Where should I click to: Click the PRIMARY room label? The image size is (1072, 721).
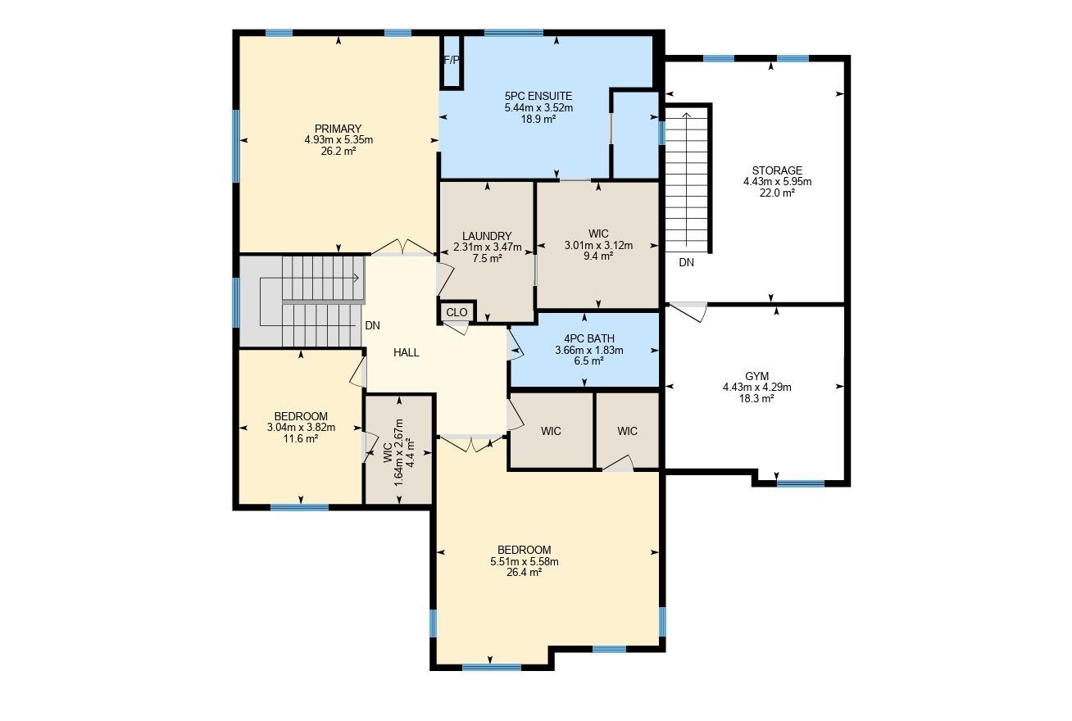pos(338,129)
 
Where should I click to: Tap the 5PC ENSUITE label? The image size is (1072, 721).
pos(538,96)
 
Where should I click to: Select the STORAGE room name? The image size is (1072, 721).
pos(777,170)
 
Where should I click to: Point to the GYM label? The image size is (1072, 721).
pos(757,376)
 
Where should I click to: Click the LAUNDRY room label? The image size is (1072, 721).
pos(487,236)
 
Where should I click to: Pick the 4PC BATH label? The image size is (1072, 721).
pos(589,338)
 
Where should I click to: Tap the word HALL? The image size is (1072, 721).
pos(407,352)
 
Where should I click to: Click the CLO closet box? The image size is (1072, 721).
pos(457,312)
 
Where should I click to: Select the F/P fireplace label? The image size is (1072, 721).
pos(452,60)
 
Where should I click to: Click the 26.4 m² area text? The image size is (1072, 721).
pos(524,573)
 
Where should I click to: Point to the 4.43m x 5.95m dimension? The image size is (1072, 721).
pos(777,182)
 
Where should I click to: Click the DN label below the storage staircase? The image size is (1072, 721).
pos(686,262)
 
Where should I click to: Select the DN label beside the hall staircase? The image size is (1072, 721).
pos(372,326)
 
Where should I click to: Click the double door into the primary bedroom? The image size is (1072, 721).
pos(403,247)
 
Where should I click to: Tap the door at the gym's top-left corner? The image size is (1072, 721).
pos(688,311)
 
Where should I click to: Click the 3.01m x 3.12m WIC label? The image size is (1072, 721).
pos(598,245)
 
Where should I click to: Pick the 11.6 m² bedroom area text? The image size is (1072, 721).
pos(301,438)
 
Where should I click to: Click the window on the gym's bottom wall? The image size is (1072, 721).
pos(801,483)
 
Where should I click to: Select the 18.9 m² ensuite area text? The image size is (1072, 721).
pos(538,119)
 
